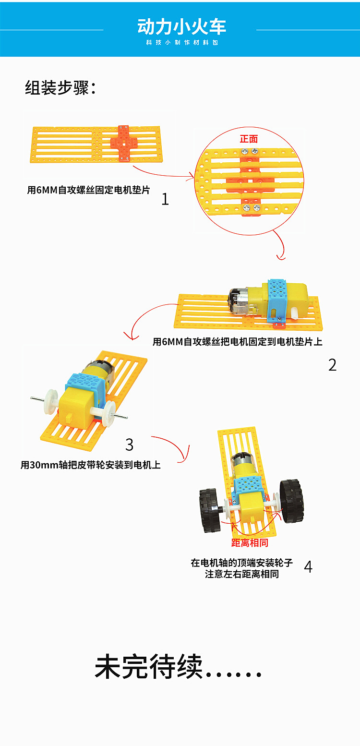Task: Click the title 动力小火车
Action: (181, 27)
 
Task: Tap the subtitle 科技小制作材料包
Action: (182, 43)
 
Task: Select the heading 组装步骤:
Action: (60, 88)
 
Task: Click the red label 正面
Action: (249, 139)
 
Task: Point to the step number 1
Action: (165, 199)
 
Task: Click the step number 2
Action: (332, 365)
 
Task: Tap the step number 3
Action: (129, 445)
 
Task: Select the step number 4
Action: (308, 567)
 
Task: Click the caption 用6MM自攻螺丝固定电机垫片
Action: (89, 190)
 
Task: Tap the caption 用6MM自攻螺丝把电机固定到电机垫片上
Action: (238, 342)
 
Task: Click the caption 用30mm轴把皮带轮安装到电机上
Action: (91, 465)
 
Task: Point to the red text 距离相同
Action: (250, 543)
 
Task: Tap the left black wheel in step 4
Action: (208, 510)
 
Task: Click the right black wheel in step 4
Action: (292, 501)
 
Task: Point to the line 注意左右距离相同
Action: (242, 574)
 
